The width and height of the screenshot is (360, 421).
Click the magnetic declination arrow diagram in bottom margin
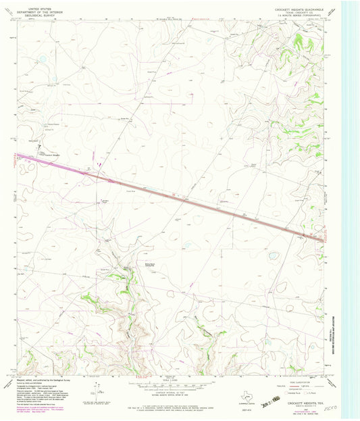(x=98, y=391)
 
